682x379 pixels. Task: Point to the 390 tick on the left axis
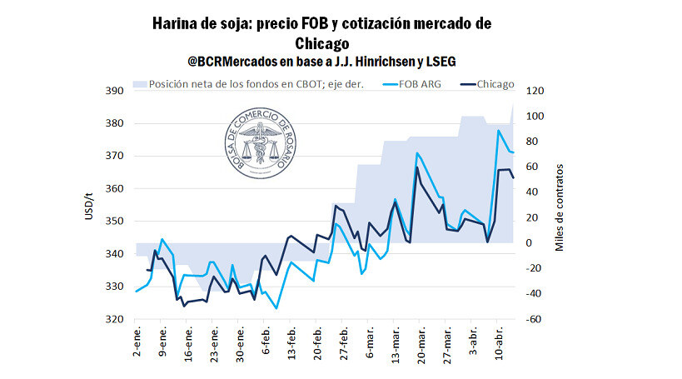[x=114, y=91]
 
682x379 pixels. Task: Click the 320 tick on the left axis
[x=114, y=319]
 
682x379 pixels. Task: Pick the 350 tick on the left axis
[x=114, y=222]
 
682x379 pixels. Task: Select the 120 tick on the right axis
[x=535, y=91]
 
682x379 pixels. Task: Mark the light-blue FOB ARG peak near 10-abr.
[x=499, y=131]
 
